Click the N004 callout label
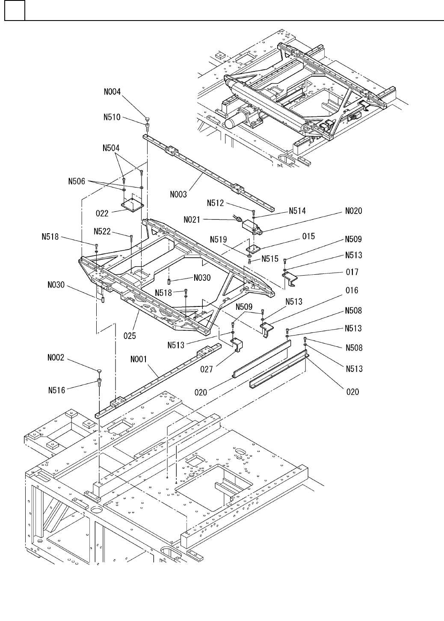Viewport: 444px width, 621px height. pyautogui.click(x=112, y=92)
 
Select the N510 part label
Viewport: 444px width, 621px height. pyautogui.click(x=112, y=117)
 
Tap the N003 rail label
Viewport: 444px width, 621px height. pyautogui.click(x=178, y=194)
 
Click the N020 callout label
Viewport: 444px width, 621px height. pyautogui.click(x=354, y=211)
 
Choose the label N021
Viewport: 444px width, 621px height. pyautogui.click(x=192, y=220)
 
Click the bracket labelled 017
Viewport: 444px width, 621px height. pyautogui.click(x=290, y=278)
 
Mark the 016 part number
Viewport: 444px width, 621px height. pyautogui.click(x=352, y=290)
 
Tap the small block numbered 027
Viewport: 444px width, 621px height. pyautogui.click(x=237, y=345)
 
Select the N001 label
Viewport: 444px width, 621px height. pyautogui.click(x=139, y=360)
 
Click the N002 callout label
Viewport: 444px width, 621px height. pyautogui.click(x=56, y=358)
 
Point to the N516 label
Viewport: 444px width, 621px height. pyautogui.click(x=56, y=390)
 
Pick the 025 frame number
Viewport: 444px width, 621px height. pyautogui.click(x=130, y=336)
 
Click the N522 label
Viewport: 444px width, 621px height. pyautogui.click(x=102, y=232)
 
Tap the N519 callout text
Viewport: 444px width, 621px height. pyautogui.click(x=219, y=240)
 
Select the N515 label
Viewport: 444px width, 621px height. pyautogui.click(x=270, y=259)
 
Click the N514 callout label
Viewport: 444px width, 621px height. pyautogui.click(x=297, y=211)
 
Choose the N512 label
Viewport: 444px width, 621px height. pyautogui.click(x=215, y=203)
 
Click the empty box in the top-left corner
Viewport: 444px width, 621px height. pyautogui.click(x=15, y=10)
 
